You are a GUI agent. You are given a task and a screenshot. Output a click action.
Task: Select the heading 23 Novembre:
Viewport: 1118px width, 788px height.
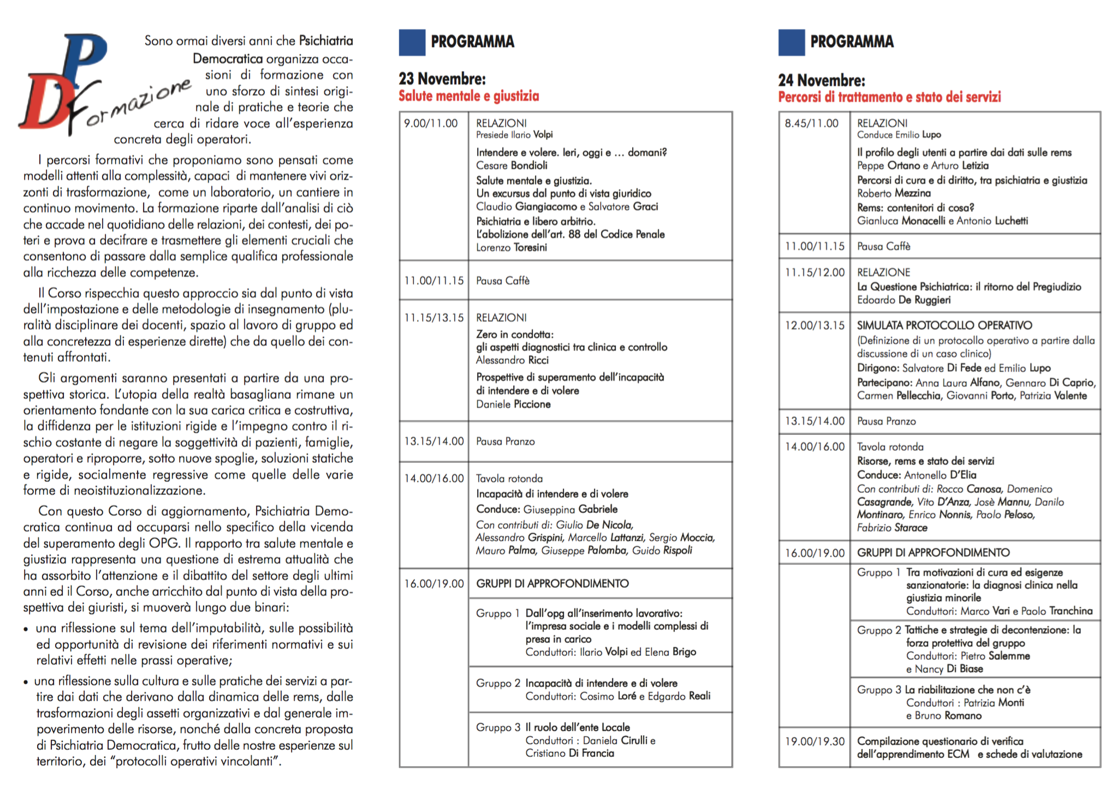pyautogui.click(x=442, y=79)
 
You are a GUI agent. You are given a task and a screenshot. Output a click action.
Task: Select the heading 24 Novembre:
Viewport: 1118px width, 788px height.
pyautogui.click(x=822, y=81)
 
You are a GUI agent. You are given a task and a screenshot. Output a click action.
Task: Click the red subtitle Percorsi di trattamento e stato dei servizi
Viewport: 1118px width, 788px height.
pyautogui.click(x=889, y=98)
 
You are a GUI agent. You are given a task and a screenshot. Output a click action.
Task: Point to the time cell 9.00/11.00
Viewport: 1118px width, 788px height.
pyautogui.click(x=431, y=124)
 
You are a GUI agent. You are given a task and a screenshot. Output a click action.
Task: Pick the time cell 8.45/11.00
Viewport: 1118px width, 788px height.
pyautogui.click(x=811, y=123)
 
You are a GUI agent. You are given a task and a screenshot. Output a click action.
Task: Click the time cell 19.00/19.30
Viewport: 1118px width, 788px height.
pyautogui.click(x=814, y=742)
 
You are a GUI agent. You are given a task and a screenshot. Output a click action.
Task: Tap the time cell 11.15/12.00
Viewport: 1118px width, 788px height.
pyautogui.click(x=814, y=272)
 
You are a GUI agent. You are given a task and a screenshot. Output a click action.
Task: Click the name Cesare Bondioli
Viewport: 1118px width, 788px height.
pyautogui.click(x=512, y=166)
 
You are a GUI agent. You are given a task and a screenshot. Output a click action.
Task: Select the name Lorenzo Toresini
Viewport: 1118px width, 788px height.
pyautogui.click(x=512, y=248)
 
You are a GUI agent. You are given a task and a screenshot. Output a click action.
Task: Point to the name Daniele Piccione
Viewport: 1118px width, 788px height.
pyautogui.click(x=513, y=404)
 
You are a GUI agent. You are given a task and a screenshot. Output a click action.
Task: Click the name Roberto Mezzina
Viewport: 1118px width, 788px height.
pyautogui.click(x=894, y=193)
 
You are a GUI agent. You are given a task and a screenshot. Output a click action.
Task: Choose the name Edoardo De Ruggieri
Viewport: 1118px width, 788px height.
pyautogui.click(x=903, y=300)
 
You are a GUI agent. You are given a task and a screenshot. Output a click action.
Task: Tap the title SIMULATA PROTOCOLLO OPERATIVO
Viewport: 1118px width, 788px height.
pyautogui.click(x=944, y=326)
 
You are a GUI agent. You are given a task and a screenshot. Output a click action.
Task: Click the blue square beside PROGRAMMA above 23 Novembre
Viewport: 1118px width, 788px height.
pyautogui.click(x=412, y=42)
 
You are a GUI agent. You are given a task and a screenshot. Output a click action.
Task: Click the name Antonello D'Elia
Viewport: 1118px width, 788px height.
pyautogui.click(x=940, y=475)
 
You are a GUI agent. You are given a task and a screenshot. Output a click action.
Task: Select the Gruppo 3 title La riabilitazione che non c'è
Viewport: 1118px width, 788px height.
pyautogui.click(x=967, y=690)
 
